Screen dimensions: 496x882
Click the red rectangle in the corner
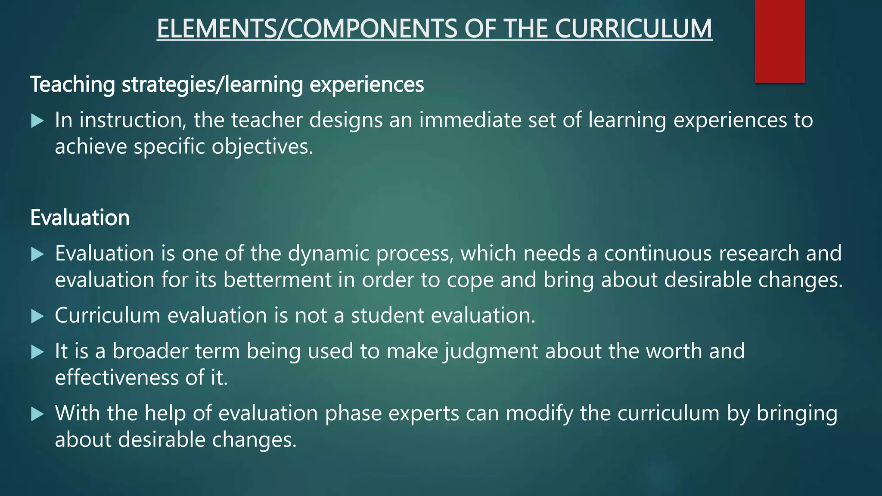point(780,41)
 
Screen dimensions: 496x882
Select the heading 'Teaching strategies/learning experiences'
point(227,84)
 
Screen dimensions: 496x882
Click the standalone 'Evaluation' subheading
point(80,218)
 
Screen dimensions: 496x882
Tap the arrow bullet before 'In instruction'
point(38,121)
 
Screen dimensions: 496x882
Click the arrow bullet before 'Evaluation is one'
point(38,254)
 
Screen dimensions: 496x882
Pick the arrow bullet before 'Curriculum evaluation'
point(38,316)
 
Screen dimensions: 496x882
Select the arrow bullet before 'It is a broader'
point(38,352)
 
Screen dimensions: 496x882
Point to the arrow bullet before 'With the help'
point(38,414)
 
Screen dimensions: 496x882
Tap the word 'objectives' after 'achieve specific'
point(262,147)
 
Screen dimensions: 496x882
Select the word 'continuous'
point(658,253)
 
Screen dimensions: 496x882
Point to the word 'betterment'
point(277,280)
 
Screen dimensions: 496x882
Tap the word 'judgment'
point(491,351)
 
